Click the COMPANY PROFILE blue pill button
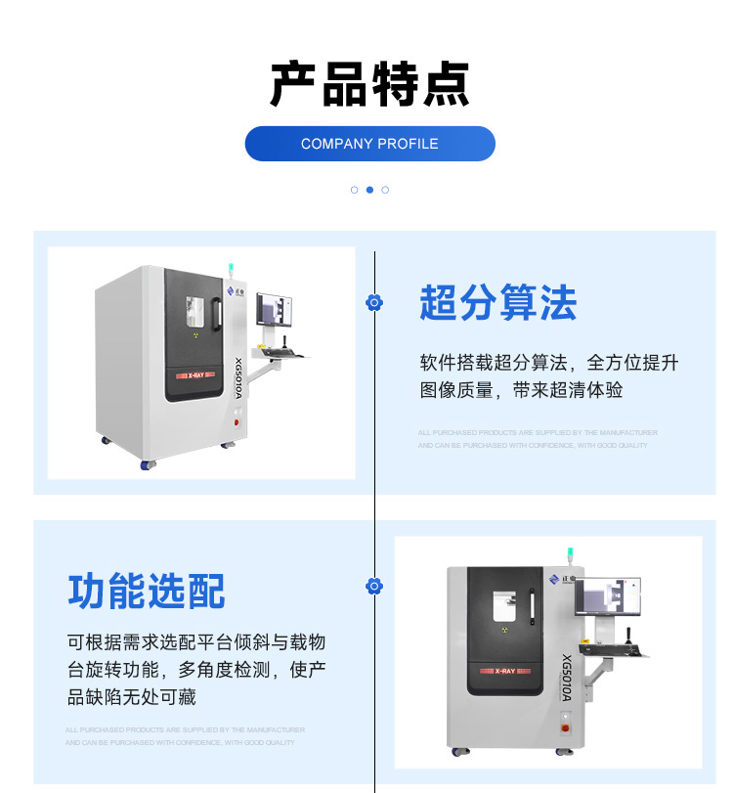(369, 144)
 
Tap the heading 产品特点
(369, 84)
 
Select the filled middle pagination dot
(369, 190)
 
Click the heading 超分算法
(497, 303)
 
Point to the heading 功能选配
(147, 592)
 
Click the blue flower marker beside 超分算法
(373, 303)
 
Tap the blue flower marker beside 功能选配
(373, 586)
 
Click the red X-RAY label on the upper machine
(195, 375)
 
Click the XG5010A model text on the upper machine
(237, 377)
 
